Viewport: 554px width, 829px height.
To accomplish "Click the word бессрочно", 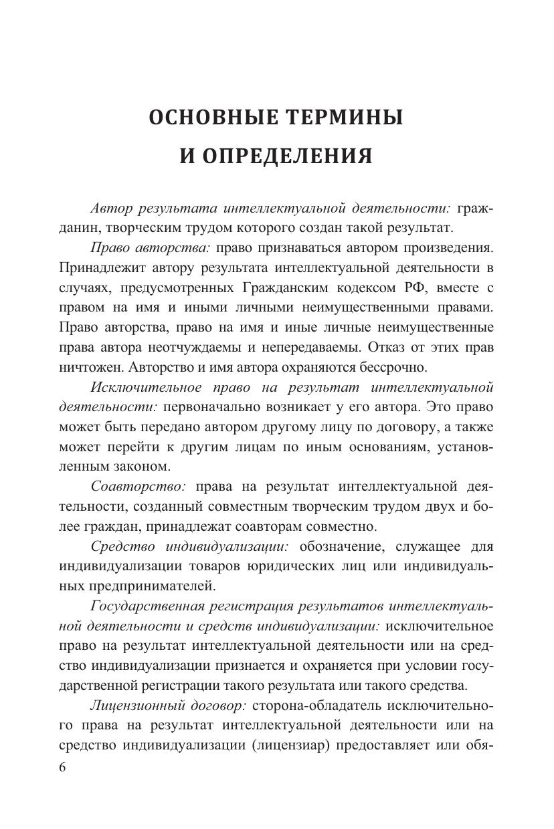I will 391,367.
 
